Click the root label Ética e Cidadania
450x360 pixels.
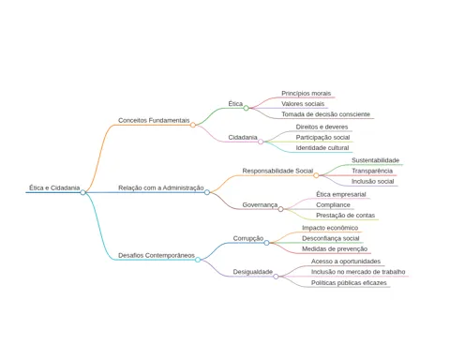click(54, 187)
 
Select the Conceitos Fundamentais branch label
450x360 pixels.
click(154, 120)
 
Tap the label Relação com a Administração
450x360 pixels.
click(161, 187)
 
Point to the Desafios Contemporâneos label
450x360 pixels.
click(157, 255)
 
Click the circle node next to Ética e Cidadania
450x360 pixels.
click(82, 192)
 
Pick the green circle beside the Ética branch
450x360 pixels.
click(247, 108)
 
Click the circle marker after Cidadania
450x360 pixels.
click(261, 142)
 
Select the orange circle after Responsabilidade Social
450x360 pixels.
click(316, 175)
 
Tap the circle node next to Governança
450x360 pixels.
click(280, 209)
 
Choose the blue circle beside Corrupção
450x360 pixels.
click(266, 243)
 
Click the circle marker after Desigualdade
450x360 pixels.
click(276, 277)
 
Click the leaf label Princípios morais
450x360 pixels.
click(306, 94)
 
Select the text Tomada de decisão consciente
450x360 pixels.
click(325, 114)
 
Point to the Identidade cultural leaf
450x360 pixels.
click(322, 148)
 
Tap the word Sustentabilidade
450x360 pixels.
click(375, 160)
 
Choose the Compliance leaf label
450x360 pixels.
click(333, 205)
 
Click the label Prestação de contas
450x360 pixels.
click(345, 216)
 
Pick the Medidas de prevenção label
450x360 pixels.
click(335, 249)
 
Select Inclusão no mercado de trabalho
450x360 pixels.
click(358, 272)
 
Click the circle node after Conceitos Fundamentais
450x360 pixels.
click(193, 125)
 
